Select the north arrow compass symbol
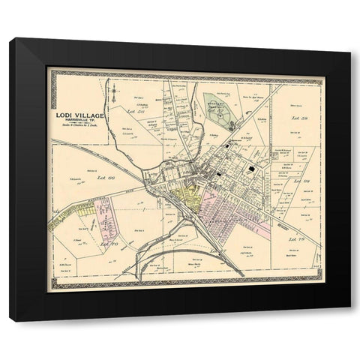click(x=115, y=93)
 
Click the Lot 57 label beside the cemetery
click(x=217, y=111)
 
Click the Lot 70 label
click(x=109, y=244)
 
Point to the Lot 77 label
click(x=217, y=248)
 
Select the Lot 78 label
click(x=294, y=238)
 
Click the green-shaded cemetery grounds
click(x=220, y=107)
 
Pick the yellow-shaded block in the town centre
click(x=185, y=199)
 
